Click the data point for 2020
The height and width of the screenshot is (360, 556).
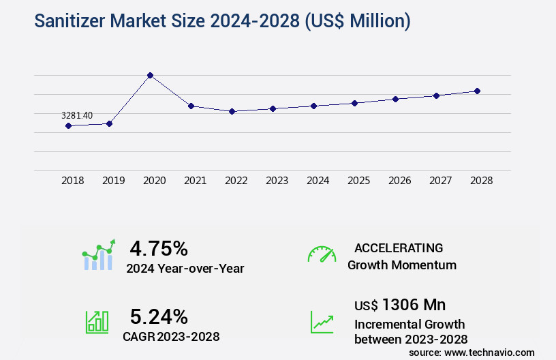pos(150,75)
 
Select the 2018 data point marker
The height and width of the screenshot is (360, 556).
pos(68,125)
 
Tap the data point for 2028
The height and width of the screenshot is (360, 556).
pos(478,91)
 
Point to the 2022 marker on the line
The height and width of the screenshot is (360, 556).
pos(232,111)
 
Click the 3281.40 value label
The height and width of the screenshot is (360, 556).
pos(76,116)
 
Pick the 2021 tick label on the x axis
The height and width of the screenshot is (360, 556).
pos(195,181)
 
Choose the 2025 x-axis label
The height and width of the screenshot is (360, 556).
pos(358,181)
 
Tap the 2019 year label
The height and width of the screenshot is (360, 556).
pos(113,181)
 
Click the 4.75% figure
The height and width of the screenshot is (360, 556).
pos(159,248)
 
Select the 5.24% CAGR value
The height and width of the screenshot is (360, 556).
pos(159,316)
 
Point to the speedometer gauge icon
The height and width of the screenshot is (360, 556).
pos(322,254)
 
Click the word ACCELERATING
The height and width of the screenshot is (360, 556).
pos(399,247)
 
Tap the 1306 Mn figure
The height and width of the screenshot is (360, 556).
pos(414,305)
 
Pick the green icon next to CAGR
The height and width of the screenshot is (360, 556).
pos(97,322)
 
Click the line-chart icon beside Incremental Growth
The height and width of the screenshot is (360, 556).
pos(322,322)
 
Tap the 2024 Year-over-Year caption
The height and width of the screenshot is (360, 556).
pos(185,269)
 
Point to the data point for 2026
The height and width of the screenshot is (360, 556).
pos(395,99)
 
